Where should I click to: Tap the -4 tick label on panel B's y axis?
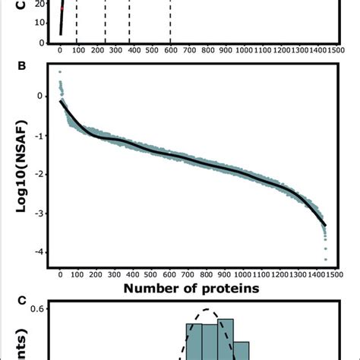[38, 252]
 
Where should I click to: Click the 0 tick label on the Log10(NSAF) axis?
[40, 96]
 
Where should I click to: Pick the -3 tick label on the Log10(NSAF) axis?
[38, 213]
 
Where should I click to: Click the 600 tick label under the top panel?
[170, 50]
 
